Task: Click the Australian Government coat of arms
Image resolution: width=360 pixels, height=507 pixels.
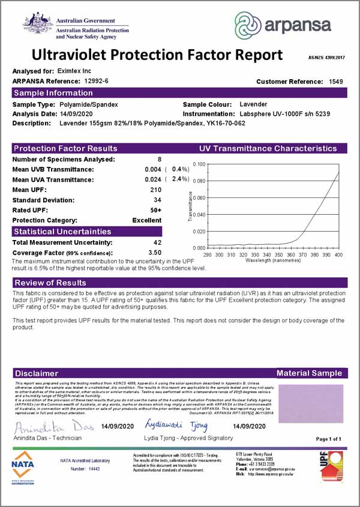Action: tap(38, 23)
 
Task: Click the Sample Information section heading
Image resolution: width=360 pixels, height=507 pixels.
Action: tap(53, 93)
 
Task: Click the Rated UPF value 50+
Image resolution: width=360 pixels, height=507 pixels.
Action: tap(156, 210)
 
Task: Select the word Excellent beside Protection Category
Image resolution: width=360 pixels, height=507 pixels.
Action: tap(147, 220)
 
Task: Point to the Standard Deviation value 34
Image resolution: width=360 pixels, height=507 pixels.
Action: tap(158, 200)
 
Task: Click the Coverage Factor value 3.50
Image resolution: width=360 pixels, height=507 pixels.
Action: tap(155, 253)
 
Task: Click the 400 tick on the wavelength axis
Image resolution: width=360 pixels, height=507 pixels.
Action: tap(338, 255)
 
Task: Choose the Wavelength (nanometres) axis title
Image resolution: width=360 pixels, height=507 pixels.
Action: tap(272, 261)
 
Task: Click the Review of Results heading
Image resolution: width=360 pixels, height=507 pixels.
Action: tap(50, 283)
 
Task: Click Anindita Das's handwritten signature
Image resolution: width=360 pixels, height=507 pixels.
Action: tap(50, 427)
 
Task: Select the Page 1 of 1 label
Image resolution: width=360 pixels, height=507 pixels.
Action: tap(328, 440)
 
